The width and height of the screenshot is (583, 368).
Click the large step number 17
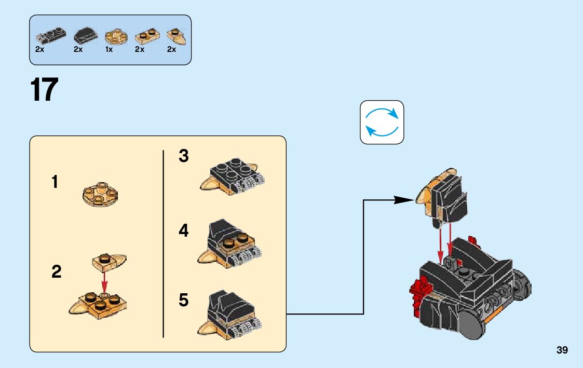44,90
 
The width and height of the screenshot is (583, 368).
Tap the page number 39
562,350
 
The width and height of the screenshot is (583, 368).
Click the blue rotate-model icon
382,122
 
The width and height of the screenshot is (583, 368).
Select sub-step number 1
55,183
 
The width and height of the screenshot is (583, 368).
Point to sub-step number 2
56,271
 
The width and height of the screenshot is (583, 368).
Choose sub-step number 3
184,156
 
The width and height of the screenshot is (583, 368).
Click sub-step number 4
184,230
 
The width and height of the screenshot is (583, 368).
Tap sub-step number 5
184,300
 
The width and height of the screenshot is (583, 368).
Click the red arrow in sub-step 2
104,282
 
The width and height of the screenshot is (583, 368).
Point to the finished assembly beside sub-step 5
229,314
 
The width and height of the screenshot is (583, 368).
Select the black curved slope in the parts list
85,36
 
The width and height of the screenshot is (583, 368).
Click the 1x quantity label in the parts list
109,50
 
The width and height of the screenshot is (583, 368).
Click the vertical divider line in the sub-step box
164,244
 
